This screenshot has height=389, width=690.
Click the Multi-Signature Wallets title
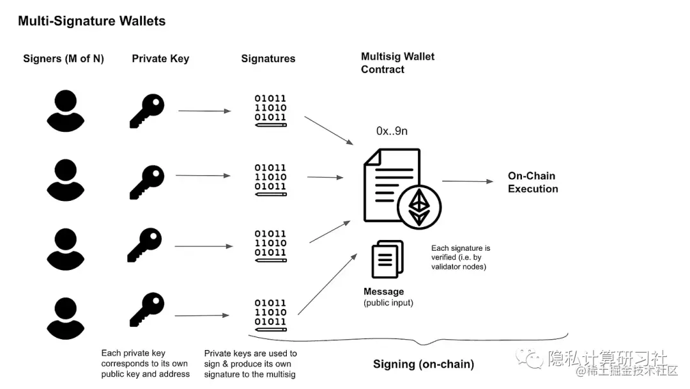click(x=91, y=20)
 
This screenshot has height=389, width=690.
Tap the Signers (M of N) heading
click(x=63, y=59)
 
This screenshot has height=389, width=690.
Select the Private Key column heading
click(x=160, y=59)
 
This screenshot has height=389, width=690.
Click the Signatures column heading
click(x=268, y=59)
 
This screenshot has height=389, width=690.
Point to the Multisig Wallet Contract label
click(x=397, y=63)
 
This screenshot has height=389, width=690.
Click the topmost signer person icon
click(x=66, y=111)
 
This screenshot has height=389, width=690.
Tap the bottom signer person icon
click(x=66, y=319)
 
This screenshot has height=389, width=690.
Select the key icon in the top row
click(x=147, y=111)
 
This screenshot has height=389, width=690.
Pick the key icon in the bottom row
click(x=147, y=309)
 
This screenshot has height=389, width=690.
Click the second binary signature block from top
click(x=271, y=180)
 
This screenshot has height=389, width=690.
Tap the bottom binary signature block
click(x=271, y=315)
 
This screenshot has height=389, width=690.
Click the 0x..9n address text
click(x=392, y=131)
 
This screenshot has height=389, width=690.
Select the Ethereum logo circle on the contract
click(x=419, y=207)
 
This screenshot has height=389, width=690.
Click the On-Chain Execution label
click(x=533, y=182)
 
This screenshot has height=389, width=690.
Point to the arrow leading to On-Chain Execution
click(x=468, y=181)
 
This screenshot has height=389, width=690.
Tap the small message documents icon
click(x=388, y=259)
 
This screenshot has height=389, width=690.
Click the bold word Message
click(x=384, y=292)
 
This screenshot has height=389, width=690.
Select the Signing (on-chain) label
click(x=424, y=364)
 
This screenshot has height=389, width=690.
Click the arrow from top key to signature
click(x=204, y=111)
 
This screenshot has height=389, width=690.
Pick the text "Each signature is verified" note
click(x=461, y=257)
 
